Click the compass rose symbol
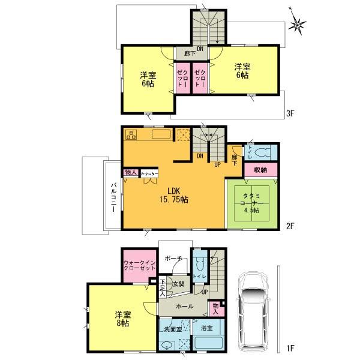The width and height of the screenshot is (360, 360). click(x=297, y=24)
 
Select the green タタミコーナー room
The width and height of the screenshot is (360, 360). click(x=252, y=203)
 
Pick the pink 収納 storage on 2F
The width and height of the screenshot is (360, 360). click(x=260, y=170)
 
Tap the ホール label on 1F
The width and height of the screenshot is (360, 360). click(x=184, y=306)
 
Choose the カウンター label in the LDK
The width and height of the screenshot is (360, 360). click(x=149, y=174)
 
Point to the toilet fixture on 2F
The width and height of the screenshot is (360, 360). click(x=263, y=152)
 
